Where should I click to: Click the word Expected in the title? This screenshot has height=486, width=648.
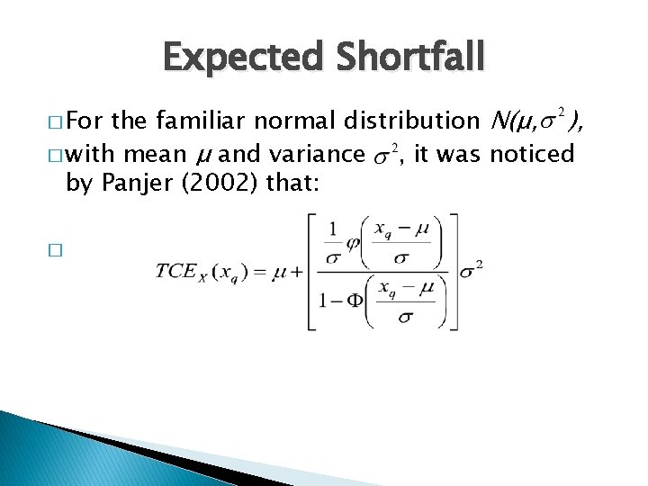point(234,58)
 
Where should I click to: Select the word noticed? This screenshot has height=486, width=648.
point(533,155)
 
